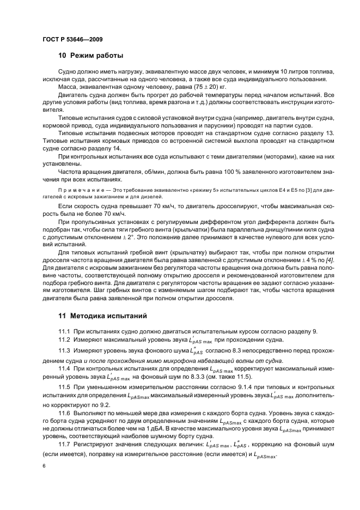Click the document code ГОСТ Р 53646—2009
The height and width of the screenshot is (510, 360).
(72, 39)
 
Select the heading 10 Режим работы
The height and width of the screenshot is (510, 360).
(90, 56)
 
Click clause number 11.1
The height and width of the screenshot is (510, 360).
(65, 331)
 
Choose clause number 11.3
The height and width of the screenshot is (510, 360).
(65, 350)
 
